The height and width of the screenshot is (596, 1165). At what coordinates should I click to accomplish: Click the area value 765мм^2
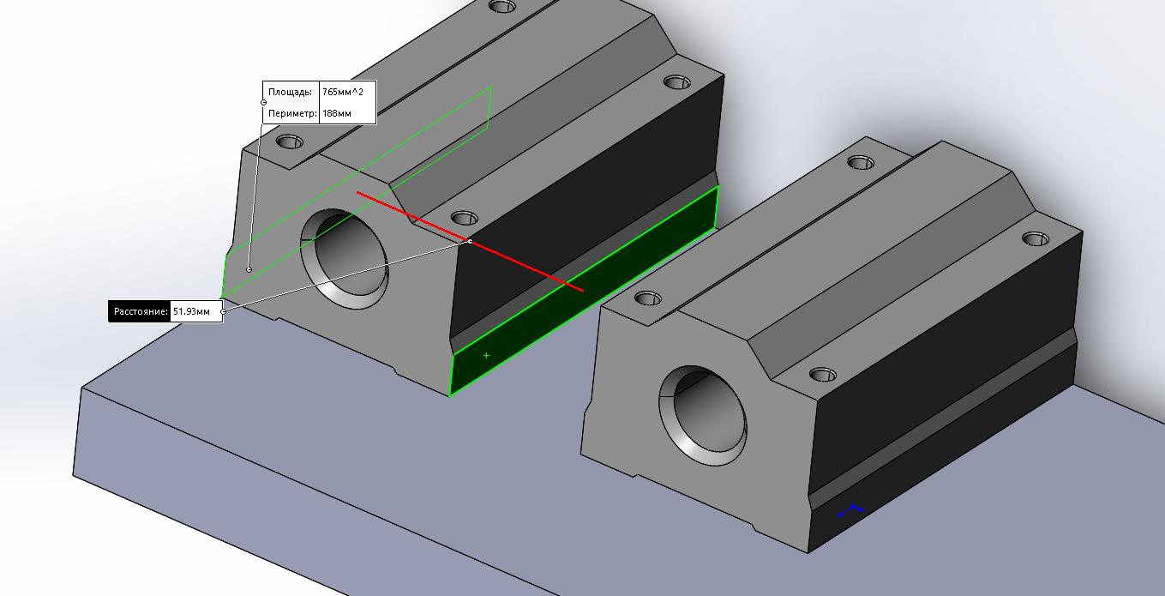(343, 92)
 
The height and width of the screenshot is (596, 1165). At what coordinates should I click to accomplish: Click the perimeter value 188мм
(337, 113)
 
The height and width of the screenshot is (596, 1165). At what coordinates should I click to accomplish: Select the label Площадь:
(291, 92)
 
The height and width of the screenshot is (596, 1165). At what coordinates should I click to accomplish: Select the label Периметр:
(293, 113)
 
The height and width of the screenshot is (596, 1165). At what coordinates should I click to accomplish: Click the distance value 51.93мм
(191, 311)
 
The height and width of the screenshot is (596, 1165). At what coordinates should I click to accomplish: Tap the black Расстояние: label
(140, 311)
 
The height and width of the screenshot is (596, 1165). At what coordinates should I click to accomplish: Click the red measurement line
(470, 241)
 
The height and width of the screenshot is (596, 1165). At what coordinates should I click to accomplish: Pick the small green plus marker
(486, 356)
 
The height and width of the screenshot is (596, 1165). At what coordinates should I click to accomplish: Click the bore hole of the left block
(345, 259)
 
